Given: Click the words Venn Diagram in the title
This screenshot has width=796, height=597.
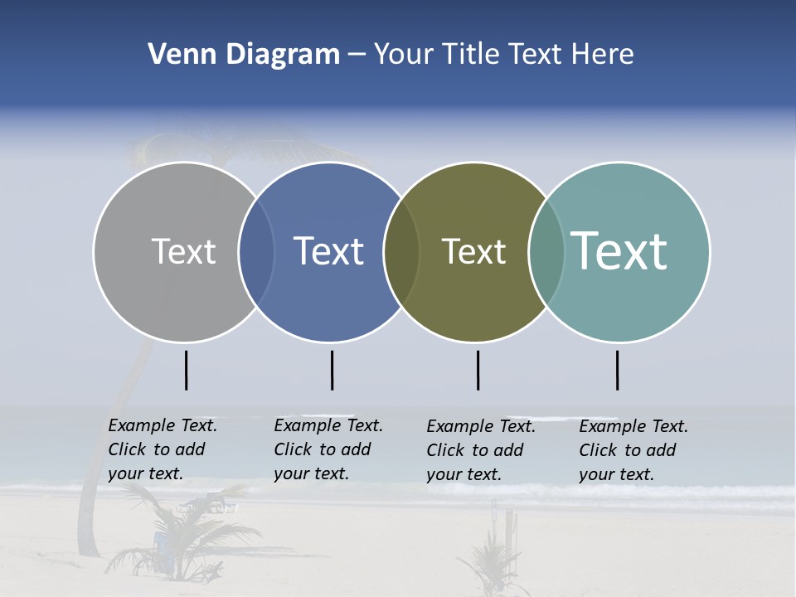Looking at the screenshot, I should [244, 55].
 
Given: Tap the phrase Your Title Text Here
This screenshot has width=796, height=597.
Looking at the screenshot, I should [503, 55].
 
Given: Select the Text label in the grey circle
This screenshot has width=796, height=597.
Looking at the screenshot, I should [183, 251].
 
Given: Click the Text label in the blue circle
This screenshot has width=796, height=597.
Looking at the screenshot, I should [329, 251].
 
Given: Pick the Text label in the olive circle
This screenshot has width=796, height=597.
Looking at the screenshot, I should [473, 251].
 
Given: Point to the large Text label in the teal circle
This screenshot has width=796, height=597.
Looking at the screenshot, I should [619, 250].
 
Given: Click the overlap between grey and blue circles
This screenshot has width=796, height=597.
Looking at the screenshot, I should [256, 252].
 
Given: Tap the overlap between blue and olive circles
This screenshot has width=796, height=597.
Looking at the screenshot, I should [401, 252].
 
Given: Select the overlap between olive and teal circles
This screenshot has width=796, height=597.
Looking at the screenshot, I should [546, 252].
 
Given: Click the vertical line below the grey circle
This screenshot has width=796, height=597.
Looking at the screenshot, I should [187, 370].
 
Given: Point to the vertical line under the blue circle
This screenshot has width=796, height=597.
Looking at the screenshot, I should [332, 370].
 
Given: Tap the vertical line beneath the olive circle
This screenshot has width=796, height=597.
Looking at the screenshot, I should [478, 370].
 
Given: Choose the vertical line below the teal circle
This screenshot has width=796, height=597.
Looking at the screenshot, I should [618, 370].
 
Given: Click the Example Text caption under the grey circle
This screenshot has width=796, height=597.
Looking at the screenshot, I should [163, 449].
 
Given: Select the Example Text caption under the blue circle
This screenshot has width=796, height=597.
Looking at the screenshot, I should [328, 449].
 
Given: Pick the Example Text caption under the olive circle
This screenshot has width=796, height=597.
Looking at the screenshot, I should [481, 450].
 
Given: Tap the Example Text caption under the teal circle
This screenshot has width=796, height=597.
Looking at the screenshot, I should [633, 450].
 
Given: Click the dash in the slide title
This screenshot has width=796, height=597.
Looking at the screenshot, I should [357, 56].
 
